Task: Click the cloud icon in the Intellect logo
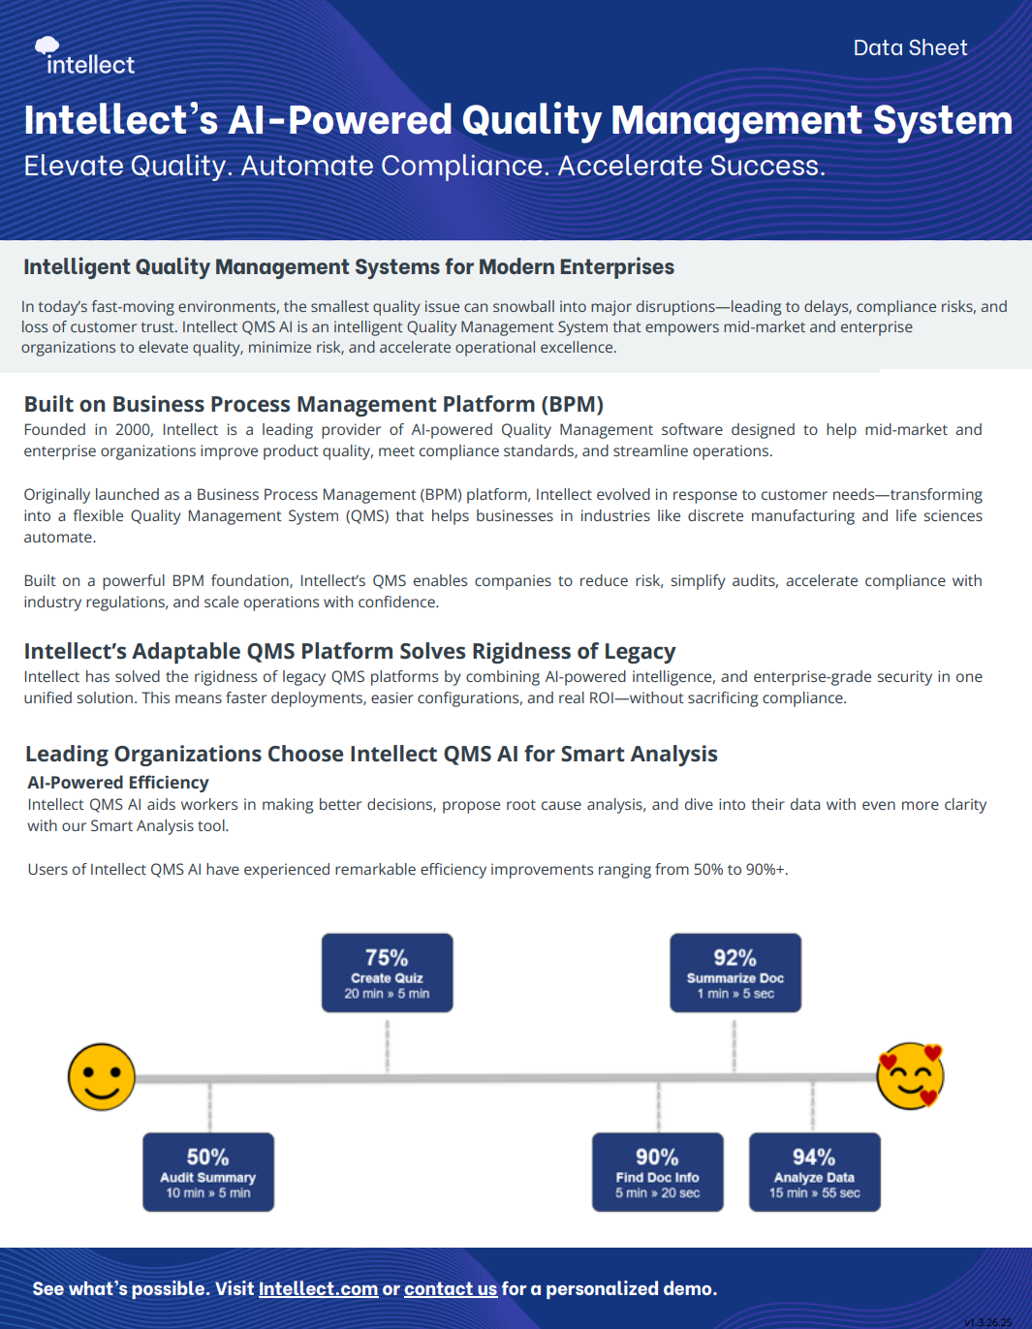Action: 47,46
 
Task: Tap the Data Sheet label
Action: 910,47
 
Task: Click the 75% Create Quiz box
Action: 388,973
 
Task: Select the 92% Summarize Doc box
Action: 735,973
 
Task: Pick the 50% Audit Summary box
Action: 208,1172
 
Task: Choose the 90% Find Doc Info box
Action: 658,1172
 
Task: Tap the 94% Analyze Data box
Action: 815,1172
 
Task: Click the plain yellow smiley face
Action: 102,1077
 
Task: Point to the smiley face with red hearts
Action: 910,1076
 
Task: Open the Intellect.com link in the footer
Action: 318,1288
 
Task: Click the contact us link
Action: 451,1288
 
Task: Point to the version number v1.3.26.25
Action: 988,1322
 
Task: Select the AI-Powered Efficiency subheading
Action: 118,783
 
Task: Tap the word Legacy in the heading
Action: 640,652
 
